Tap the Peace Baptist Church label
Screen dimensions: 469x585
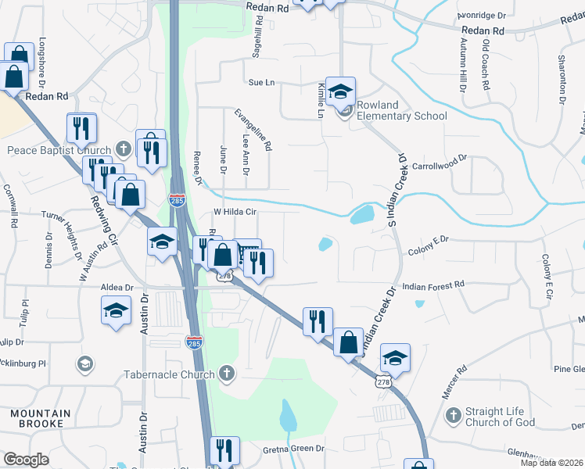(60, 150)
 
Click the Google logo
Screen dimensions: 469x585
(27, 460)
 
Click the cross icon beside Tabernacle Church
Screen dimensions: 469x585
(227, 373)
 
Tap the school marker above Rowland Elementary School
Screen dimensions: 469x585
(341, 92)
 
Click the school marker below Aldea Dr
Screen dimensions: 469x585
(117, 311)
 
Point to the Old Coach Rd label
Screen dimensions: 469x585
(486, 66)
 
